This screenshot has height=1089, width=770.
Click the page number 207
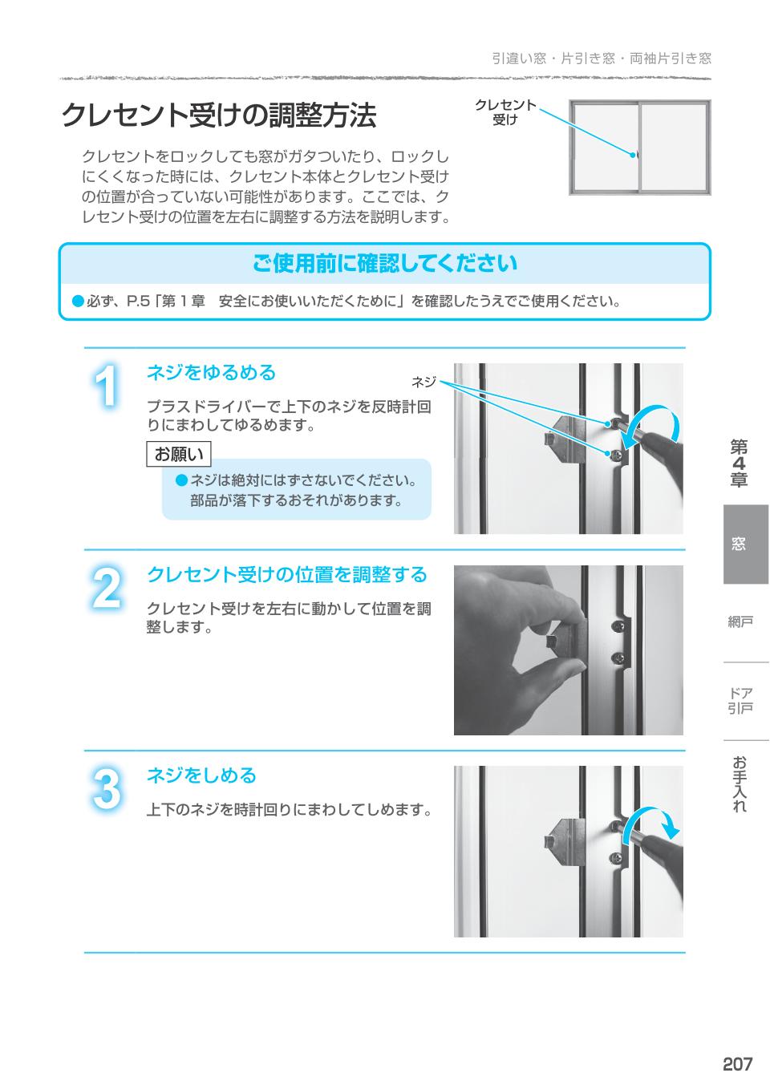click(x=737, y=1064)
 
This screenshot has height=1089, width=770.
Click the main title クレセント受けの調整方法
click(x=218, y=116)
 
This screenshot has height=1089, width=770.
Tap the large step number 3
click(x=106, y=791)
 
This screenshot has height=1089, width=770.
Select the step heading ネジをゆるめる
click(x=211, y=373)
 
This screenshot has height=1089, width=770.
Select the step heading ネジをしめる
click(x=201, y=775)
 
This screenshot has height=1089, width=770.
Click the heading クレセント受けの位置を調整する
click(x=286, y=575)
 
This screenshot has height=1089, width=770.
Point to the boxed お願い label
click(x=179, y=455)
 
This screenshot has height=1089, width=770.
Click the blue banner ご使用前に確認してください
click(x=385, y=263)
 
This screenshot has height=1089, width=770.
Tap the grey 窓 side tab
click(x=739, y=544)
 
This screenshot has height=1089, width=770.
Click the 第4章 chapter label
click(x=739, y=464)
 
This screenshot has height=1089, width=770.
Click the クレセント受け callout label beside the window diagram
click(x=505, y=112)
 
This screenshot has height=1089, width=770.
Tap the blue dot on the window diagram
click(x=633, y=155)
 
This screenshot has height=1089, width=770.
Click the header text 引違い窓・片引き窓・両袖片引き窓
click(x=602, y=59)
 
